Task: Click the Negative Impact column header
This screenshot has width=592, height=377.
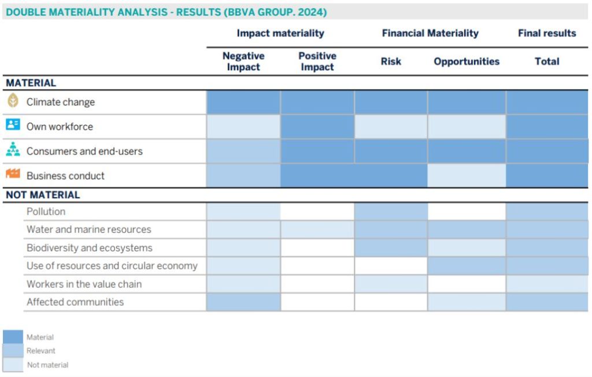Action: pos(243,61)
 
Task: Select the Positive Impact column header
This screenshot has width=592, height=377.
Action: pos(317,61)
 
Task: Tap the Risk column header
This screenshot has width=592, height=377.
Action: pos(391,61)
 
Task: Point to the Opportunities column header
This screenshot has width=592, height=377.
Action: pos(467,61)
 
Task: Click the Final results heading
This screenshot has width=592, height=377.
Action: pos(547,33)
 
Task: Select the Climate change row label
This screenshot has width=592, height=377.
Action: pos(60,102)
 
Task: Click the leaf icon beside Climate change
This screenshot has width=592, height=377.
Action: pos(13,101)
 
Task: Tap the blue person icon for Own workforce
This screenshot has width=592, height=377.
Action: pos(13,125)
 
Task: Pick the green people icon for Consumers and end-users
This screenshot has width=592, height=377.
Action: pos(13,150)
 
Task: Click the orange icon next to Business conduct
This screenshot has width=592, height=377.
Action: pos(13,174)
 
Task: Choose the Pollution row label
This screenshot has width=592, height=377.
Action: pos(46,211)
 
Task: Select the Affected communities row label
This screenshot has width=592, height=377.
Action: pos(75,302)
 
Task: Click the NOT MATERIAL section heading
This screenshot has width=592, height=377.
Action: pos(43,195)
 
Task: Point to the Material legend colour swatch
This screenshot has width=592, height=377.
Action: pos(13,336)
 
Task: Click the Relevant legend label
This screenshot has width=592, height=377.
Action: pos(41,350)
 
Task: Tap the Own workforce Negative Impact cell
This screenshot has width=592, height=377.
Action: pos(243,126)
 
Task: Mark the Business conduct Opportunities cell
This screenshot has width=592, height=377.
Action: pos(467,175)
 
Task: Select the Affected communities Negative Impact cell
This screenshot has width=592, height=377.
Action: pos(243,302)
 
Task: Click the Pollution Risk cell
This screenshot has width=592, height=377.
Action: pos(391,211)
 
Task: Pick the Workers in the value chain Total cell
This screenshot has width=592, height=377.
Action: pos(547,284)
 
